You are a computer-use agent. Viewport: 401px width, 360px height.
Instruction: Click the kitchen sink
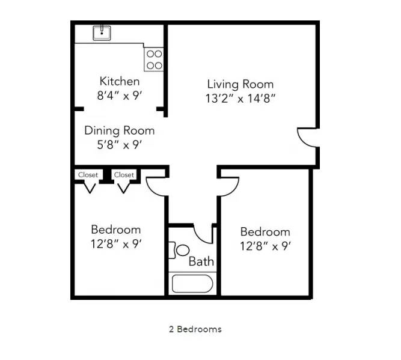(x=102, y=32)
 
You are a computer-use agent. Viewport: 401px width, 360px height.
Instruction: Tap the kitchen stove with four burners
(x=154, y=58)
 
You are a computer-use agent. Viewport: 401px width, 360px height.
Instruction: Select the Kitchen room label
(x=120, y=81)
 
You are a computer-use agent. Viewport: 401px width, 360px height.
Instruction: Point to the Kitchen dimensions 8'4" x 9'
(x=120, y=96)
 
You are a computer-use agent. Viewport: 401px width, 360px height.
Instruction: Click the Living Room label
(x=240, y=84)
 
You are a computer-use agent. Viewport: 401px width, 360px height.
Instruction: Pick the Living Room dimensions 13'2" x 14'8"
(x=240, y=99)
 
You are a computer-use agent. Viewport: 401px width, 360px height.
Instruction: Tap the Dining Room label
(x=119, y=130)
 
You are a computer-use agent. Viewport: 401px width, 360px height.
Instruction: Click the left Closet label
(x=88, y=175)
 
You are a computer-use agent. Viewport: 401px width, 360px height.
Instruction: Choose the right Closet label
(x=124, y=175)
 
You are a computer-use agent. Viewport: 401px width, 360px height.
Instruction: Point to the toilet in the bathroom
(x=181, y=249)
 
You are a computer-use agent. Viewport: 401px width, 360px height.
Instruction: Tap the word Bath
(x=201, y=261)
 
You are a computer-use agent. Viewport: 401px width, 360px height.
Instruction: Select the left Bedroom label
(x=116, y=230)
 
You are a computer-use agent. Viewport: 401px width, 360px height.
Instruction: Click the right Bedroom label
(x=265, y=232)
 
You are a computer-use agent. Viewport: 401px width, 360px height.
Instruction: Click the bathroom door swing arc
(x=204, y=234)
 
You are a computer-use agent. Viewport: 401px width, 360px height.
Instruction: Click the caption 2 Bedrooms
(x=195, y=329)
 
